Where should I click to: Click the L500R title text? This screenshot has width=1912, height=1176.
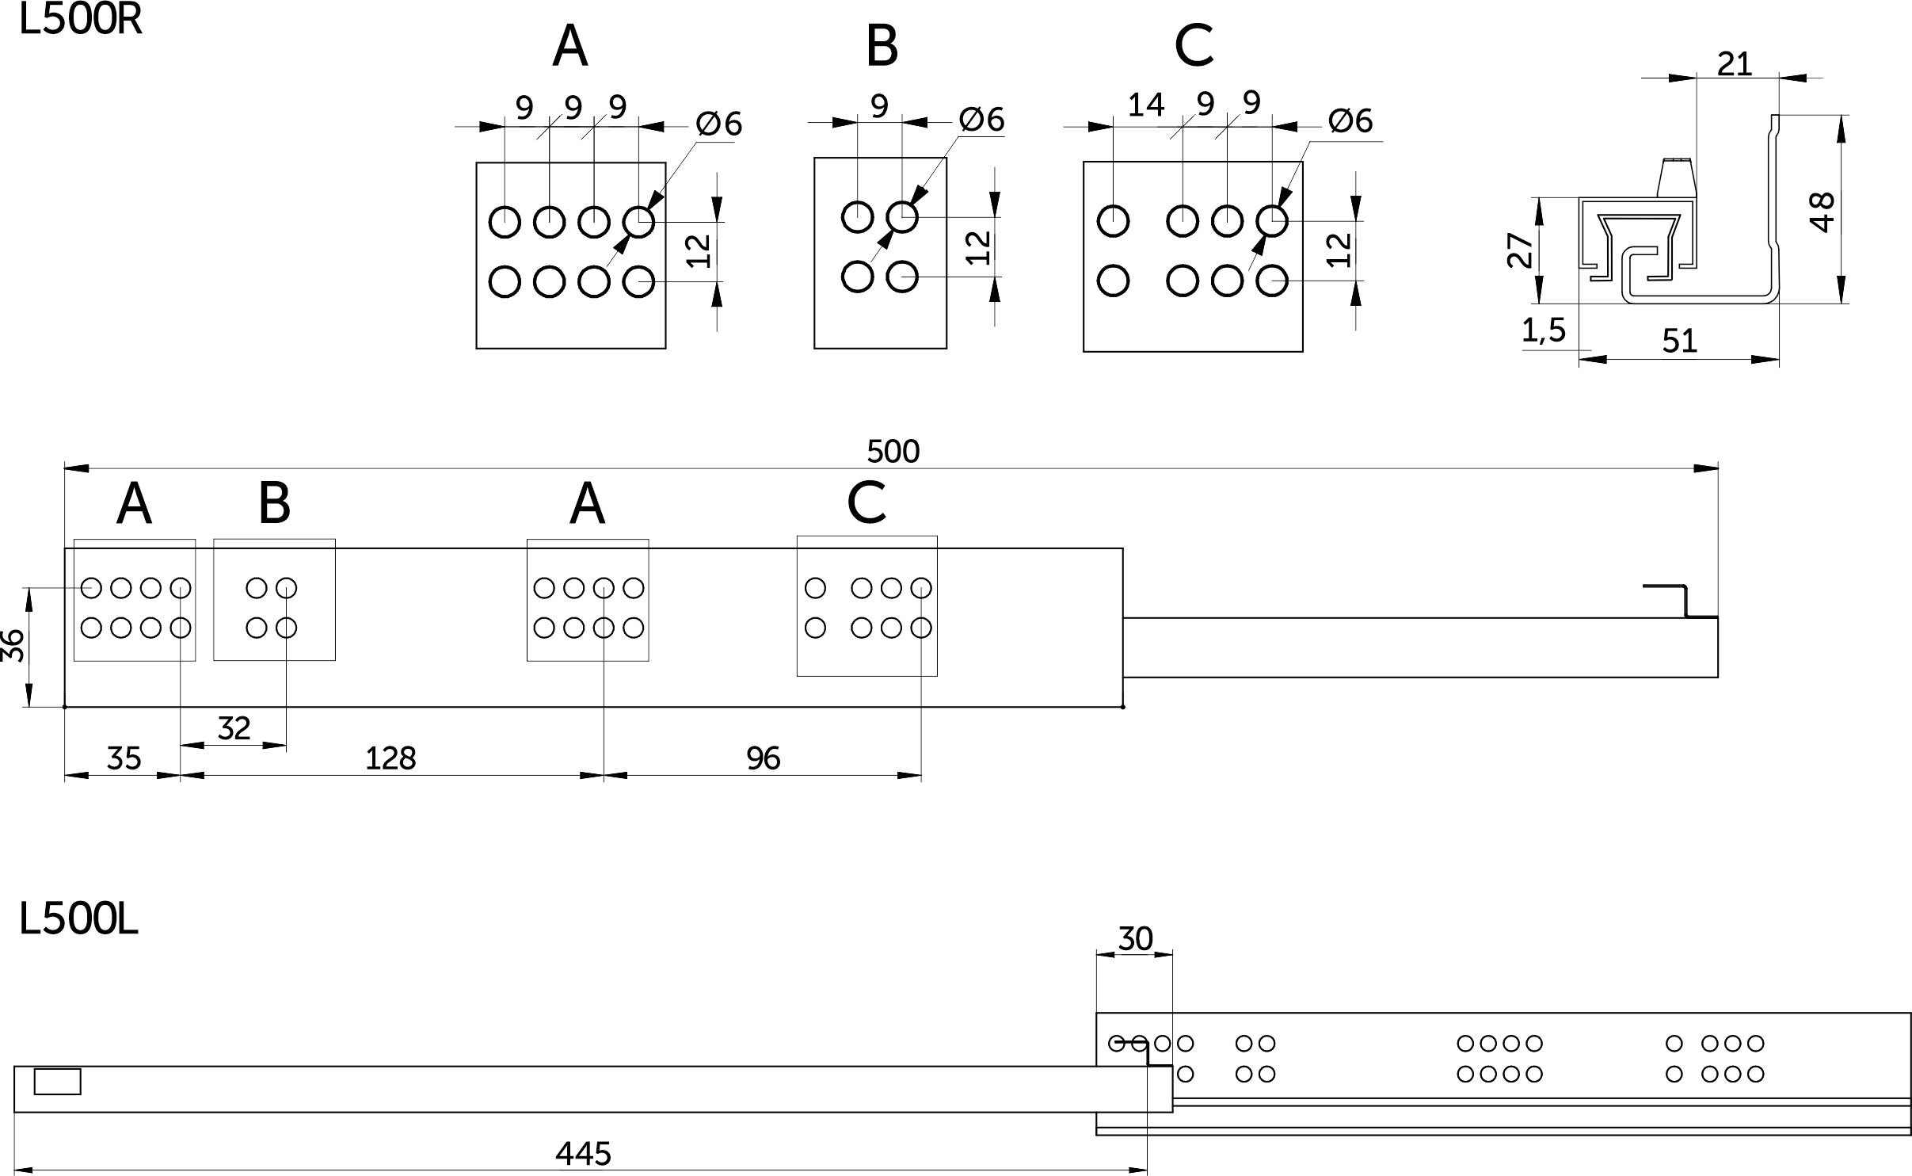coord(80,19)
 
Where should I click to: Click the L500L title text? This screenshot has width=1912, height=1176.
coord(78,921)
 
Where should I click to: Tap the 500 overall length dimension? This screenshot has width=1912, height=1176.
coord(893,451)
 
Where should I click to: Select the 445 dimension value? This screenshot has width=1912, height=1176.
coord(583,1153)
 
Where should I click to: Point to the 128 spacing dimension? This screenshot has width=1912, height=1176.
coord(390,758)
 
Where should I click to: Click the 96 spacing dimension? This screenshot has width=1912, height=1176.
coord(764,758)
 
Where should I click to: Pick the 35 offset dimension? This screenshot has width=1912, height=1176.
coord(124,758)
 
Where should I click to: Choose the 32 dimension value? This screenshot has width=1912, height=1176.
coord(234,727)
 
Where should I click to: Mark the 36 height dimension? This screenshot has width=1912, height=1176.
coord(13,646)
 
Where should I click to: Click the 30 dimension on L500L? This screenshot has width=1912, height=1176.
coord(1135,939)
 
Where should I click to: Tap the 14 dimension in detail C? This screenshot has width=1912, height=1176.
coord(1145,105)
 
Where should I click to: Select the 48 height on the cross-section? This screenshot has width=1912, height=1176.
coord(1822,212)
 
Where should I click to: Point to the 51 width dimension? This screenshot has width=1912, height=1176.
coord(1679,341)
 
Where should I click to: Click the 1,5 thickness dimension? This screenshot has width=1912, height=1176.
coord(1544,330)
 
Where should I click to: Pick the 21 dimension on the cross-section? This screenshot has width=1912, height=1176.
coord(1735,64)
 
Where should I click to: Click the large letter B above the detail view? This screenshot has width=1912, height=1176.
coord(882,46)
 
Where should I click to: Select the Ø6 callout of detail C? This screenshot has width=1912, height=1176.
coord(1350,120)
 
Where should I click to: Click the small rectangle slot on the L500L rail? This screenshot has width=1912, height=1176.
coord(57,1082)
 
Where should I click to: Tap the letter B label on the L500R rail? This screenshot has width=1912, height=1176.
coord(274,503)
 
